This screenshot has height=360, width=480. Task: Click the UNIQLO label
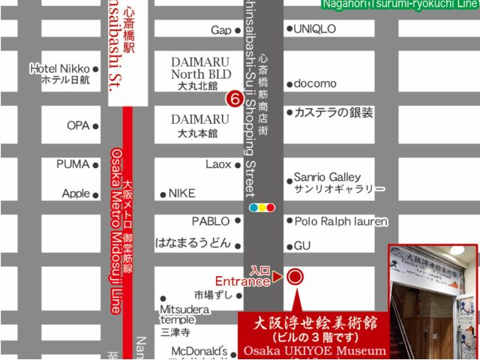(315, 29)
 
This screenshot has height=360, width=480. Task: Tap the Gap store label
(221, 30)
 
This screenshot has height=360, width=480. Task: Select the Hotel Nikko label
(60, 69)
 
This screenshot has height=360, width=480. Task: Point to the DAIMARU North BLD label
(201, 68)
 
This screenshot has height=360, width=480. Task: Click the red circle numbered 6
(234, 98)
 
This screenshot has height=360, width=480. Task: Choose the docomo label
(315, 83)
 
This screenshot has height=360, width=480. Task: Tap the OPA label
(78, 125)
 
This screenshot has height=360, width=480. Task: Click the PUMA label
(73, 164)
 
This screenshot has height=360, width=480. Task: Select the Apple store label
(76, 193)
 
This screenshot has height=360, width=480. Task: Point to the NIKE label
(181, 193)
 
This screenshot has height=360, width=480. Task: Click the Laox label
(218, 164)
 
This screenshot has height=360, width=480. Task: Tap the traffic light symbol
(262, 207)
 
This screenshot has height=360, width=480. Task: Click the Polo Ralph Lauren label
(340, 221)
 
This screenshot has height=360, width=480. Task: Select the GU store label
(301, 245)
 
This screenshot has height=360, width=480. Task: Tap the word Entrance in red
(242, 282)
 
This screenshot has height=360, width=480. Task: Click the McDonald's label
(199, 350)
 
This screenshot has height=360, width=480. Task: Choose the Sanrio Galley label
(328, 178)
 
